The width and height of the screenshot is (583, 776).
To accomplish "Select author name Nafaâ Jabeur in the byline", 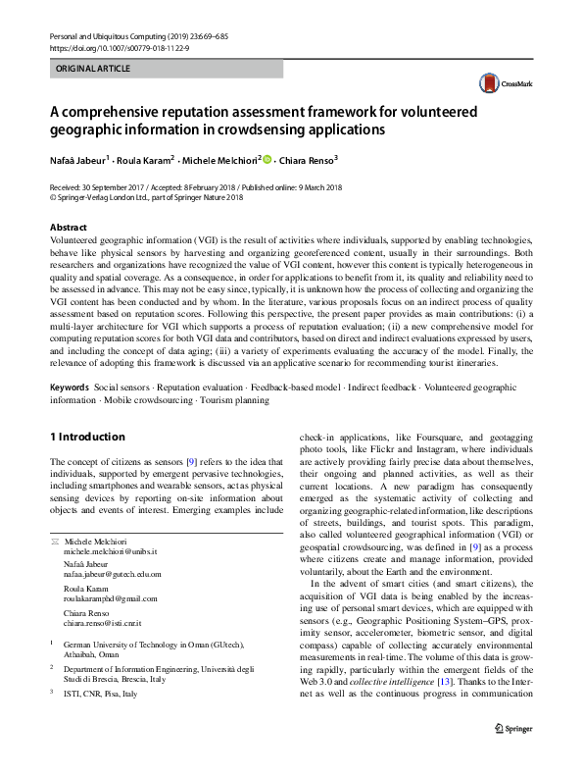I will (x=80, y=160).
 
